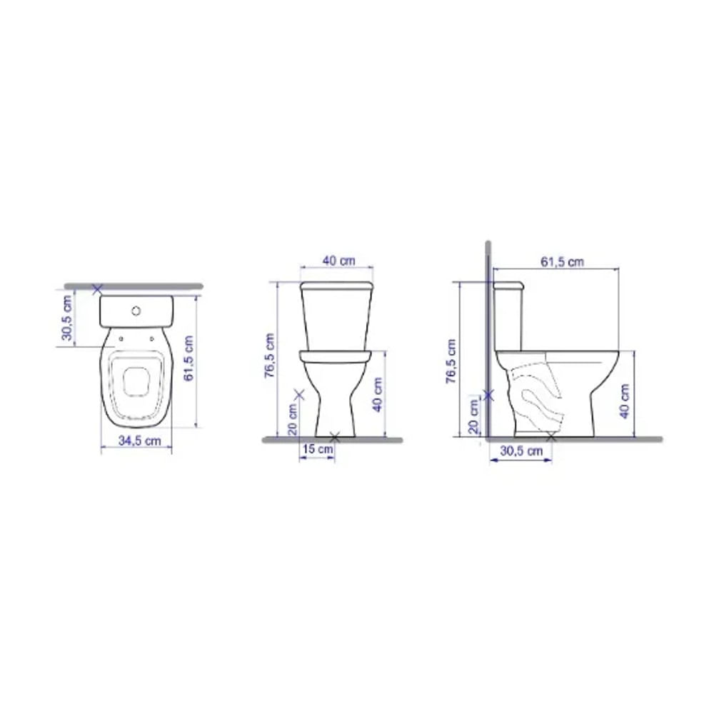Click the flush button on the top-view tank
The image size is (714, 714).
point(136,311)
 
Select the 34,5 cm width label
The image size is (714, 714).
point(139,441)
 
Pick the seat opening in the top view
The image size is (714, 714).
point(136,381)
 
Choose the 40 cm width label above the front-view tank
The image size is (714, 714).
point(338,261)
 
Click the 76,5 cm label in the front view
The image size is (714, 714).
point(271,355)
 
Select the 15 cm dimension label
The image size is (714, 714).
point(317,449)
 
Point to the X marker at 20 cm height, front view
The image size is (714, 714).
point(299,393)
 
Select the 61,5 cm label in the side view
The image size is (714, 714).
point(561,262)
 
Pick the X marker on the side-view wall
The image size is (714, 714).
point(489,394)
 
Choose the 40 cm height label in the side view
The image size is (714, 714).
point(625,401)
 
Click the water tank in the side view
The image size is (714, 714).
point(509,314)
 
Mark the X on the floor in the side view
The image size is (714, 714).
point(550,437)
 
